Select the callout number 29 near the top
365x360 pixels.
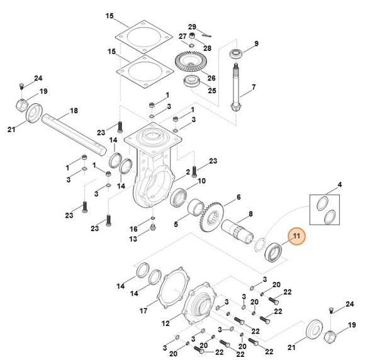pyautogui.click(x=193, y=26)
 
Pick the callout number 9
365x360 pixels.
pyautogui.click(x=256, y=43)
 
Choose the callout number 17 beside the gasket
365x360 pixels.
pyautogui.click(x=144, y=310)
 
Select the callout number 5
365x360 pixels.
pyautogui.click(x=176, y=223)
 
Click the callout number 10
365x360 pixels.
pyautogui.click(x=202, y=181)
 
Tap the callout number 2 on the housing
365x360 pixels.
pyautogui.click(x=188, y=171)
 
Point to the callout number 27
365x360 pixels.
pyautogui.click(x=182, y=37)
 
